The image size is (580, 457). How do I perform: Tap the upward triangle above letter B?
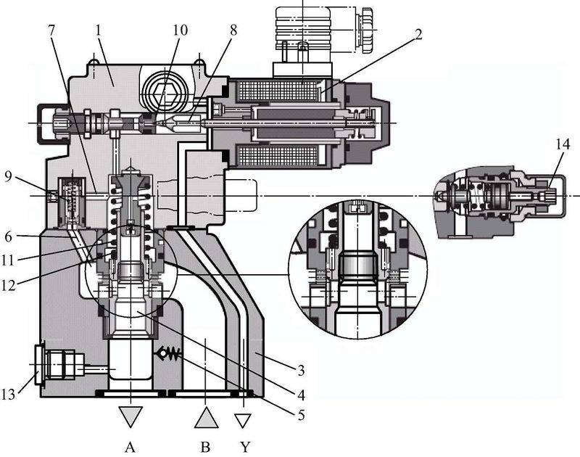206,416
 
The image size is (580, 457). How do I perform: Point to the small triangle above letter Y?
244,419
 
